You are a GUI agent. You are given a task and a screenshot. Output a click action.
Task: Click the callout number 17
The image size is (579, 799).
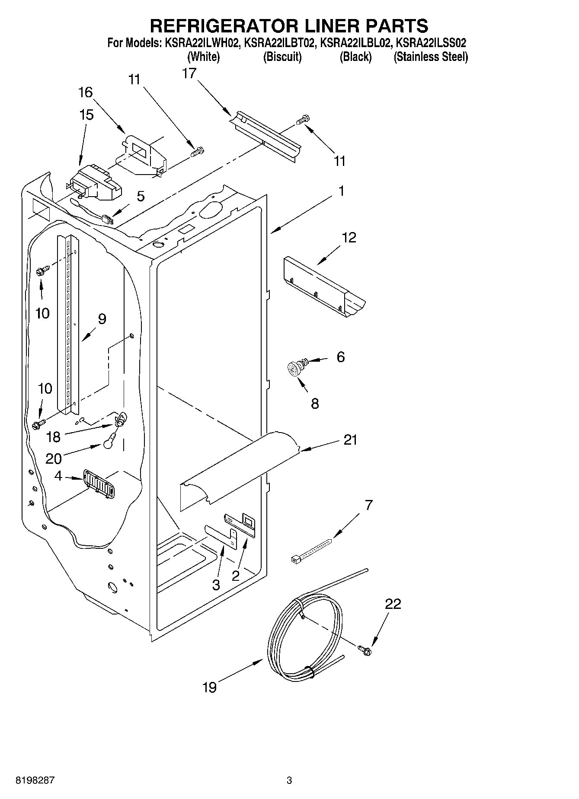(x=189, y=73)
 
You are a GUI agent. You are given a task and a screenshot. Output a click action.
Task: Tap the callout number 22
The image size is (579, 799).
(x=393, y=604)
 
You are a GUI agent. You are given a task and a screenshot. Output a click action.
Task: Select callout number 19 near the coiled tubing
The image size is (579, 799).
(x=209, y=687)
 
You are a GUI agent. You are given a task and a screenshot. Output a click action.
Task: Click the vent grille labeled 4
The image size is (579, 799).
(x=98, y=483)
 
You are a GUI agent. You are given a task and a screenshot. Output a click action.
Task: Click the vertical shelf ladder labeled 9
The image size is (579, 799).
(x=68, y=324)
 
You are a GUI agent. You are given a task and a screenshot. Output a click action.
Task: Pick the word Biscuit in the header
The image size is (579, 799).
(x=282, y=57)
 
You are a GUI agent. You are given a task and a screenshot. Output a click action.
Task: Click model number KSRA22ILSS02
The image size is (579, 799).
(x=431, y=43)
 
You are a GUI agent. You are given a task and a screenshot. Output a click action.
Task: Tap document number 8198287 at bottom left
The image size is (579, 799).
(x=35, y=780)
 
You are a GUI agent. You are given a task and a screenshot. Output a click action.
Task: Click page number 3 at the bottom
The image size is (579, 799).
(x=289, y=780)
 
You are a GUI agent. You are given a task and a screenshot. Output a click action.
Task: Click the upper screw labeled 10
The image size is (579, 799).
(x=44, y=271)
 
